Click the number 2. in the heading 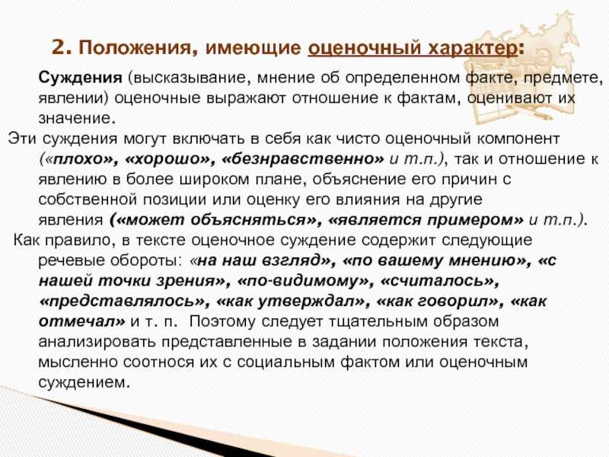(x=62, y=48)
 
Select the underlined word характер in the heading (x=472, y=49)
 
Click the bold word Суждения (x=81, y=78)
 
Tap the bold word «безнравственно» (x=303, y=159)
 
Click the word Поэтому (x=222, y=321)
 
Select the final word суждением (x=83, y=382)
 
